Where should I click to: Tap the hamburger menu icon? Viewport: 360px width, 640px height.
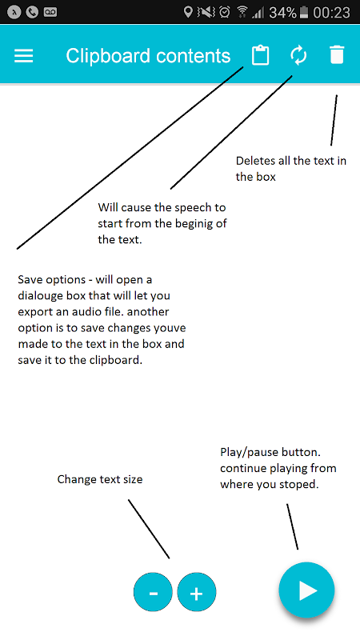pos(24,55)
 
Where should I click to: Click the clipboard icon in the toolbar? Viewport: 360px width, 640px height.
pos(260,55)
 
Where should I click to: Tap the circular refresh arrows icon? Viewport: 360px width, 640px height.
pos(298,55)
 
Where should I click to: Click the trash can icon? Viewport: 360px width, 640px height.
pos(337,55)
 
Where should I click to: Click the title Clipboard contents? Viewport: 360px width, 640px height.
pos(148,56)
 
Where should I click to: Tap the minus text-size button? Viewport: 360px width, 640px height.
pos(154,591)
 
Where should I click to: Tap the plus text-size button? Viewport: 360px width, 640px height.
pos(197,592)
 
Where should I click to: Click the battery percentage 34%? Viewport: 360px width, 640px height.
pos(283,12)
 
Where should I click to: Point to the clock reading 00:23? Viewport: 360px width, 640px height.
pos(331,12)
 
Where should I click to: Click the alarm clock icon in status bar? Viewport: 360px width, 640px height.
pos(225,12)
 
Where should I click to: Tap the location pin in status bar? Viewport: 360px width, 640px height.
pos(188,12)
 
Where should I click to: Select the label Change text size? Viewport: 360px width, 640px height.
pos(100,478)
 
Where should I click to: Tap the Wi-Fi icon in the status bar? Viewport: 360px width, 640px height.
pos(242,12)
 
